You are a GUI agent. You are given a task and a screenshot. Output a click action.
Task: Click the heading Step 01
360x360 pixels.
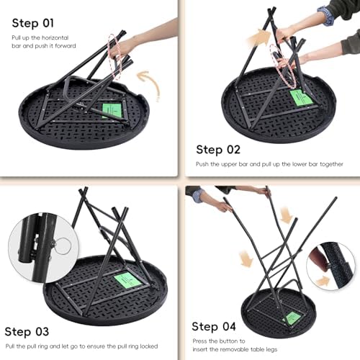(x=33, y=23)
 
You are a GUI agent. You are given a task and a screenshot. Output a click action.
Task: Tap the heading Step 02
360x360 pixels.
(x=218, y=150)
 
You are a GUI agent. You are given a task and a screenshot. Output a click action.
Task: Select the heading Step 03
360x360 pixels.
(x=27, y=332)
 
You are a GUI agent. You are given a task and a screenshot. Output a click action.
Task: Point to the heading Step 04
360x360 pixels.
(x=214, y=327)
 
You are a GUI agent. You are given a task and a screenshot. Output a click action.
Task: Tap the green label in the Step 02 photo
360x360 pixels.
(x=301, y=98)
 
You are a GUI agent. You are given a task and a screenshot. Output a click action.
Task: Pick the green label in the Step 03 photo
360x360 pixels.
(x=127, y=280)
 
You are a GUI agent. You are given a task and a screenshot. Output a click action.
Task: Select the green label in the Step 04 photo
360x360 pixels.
(x=292, y=319)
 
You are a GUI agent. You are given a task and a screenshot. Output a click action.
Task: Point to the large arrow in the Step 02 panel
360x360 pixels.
(x=258, y=38)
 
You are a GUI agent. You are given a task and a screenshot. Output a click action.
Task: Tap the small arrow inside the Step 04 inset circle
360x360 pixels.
(x=323, y=281)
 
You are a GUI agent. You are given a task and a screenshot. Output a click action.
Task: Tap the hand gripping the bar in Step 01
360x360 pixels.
(x=122, y=48)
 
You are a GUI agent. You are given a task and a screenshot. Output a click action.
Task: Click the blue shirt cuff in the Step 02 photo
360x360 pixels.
(x=326, y=16)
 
